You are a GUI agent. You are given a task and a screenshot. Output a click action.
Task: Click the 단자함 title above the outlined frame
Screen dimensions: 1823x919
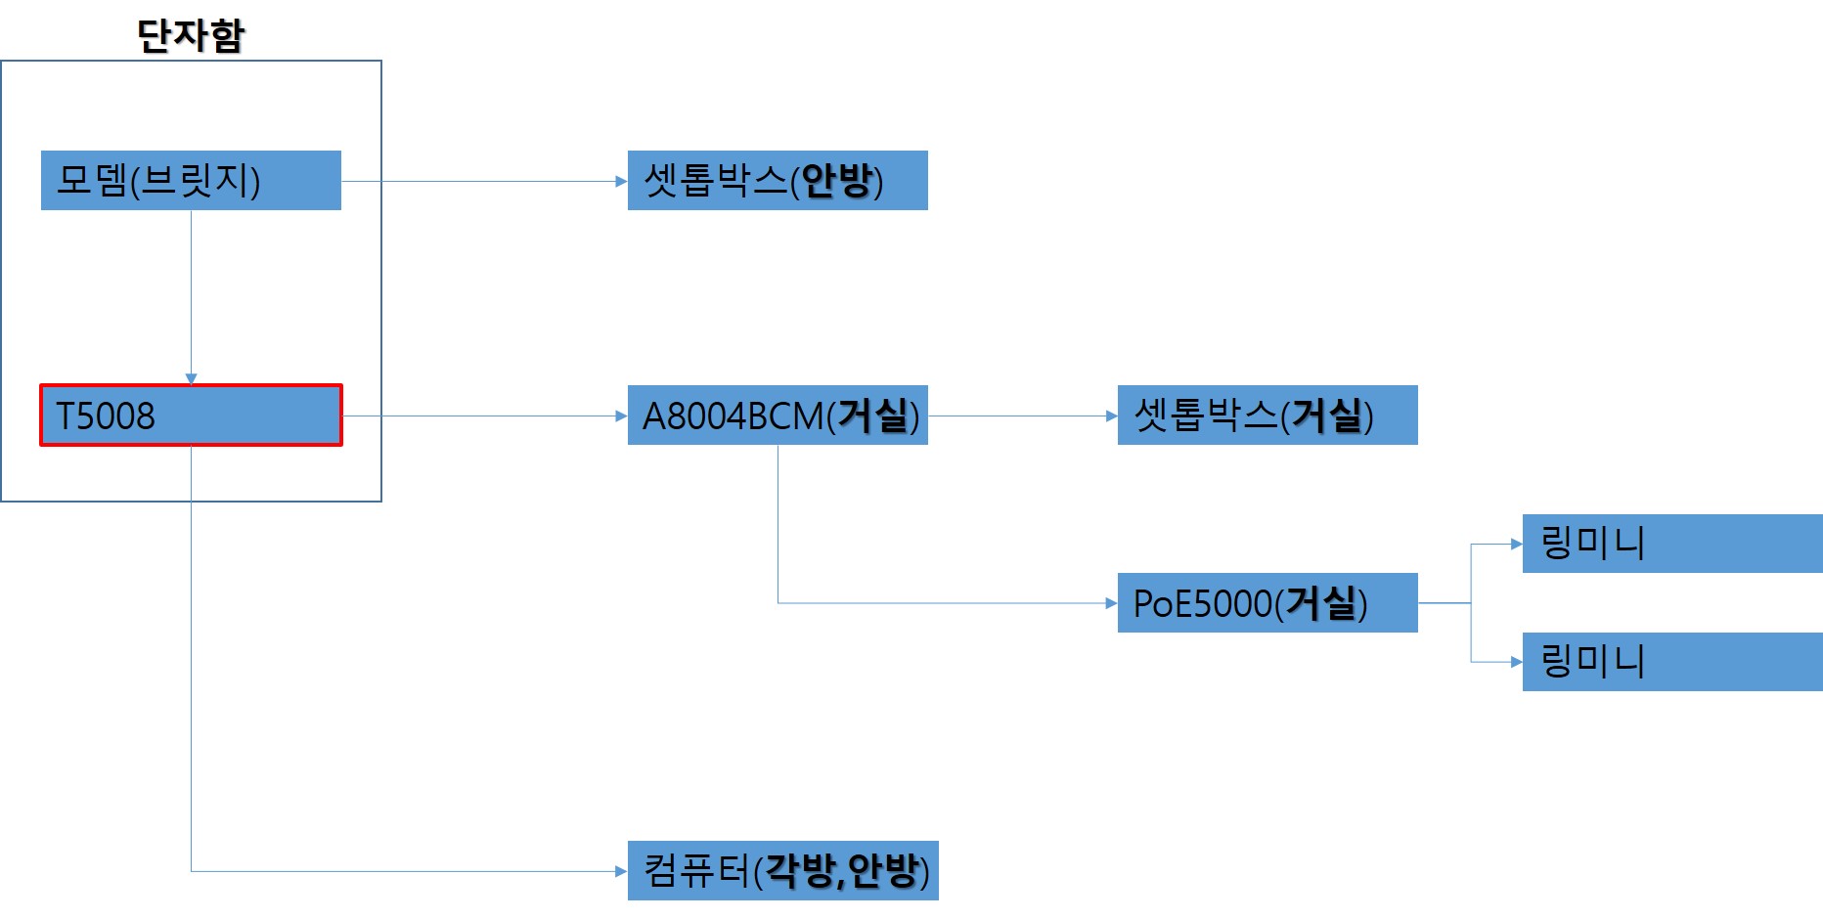(191, 35)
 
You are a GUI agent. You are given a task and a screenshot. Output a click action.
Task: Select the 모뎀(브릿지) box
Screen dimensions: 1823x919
(191, 180)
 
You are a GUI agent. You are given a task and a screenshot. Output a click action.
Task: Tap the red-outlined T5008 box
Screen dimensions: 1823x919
(191, 416)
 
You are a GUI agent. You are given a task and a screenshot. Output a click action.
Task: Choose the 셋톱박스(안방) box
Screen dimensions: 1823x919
(778, 180)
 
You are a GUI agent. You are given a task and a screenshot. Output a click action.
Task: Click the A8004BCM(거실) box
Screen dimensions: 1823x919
(778, 416)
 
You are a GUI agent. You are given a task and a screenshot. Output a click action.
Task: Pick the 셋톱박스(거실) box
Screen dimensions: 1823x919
(1267, 416)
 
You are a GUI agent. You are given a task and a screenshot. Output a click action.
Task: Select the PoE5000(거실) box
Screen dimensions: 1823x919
(1267, 603)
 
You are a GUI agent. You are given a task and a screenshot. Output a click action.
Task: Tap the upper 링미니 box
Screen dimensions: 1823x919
(1672, 544)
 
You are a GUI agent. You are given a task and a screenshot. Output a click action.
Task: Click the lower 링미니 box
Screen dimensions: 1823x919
(1672, 662)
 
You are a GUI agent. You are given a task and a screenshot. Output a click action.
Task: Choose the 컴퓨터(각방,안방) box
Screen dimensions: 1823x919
(783, 870)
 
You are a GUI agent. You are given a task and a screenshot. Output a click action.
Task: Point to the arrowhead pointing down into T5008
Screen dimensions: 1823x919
(191, 378)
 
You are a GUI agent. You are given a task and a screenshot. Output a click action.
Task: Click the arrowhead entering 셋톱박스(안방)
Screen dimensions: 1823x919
(621, 181)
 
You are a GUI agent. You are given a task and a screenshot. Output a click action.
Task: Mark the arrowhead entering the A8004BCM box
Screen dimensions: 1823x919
(621, 416)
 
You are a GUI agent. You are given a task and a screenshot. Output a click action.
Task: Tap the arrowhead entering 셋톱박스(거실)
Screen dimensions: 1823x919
(1111, 416)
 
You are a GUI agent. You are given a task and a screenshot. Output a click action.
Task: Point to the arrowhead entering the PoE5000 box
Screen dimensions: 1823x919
(1111, 603)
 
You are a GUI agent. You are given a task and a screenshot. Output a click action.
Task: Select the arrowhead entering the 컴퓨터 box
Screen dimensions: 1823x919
(621, 871)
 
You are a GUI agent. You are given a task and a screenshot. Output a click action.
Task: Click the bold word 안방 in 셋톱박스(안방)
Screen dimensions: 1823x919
(837, 180)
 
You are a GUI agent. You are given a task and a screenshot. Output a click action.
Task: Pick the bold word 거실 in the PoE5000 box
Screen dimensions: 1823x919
(1320, 603)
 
